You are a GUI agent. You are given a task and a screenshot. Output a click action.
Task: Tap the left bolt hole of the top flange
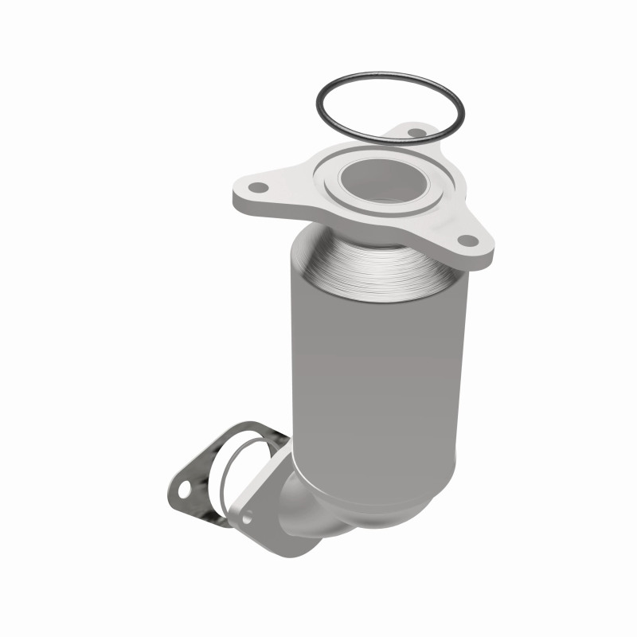258,188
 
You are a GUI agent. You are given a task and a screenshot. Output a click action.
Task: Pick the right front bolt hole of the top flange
467,239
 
